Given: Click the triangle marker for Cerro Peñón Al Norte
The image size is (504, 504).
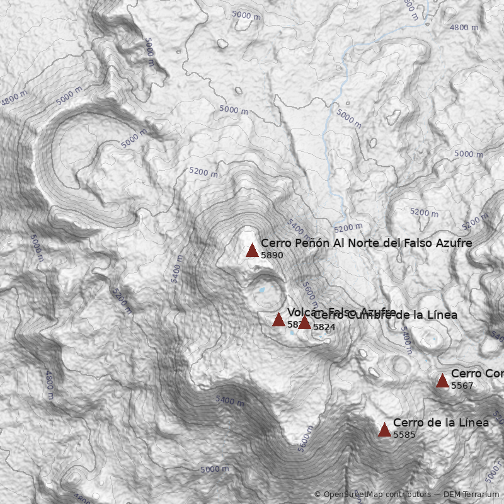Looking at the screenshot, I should click(x=252, y=250).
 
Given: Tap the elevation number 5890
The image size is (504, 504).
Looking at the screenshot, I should click(x=272, y=256).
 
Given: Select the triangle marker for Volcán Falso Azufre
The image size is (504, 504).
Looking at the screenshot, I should click(x=278, y=319).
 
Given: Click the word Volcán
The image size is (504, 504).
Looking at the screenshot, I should click(x=299, y=312).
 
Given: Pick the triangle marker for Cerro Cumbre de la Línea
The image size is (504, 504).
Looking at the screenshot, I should click(x=304, y=323).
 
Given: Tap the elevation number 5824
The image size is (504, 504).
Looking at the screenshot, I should click(x=324, y=328).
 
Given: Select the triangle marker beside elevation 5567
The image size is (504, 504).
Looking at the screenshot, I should click(x=442, y=381).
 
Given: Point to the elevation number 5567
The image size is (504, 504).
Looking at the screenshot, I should click(x=462, y=386).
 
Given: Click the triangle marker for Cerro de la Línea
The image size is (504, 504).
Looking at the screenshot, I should click(x=384, y=430).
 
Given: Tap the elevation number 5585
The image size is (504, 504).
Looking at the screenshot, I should click(x=404, y=435).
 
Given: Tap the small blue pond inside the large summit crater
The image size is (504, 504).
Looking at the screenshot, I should click(x=260, y=290).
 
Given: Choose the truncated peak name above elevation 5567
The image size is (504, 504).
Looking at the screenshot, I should click(x=477, y=374).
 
